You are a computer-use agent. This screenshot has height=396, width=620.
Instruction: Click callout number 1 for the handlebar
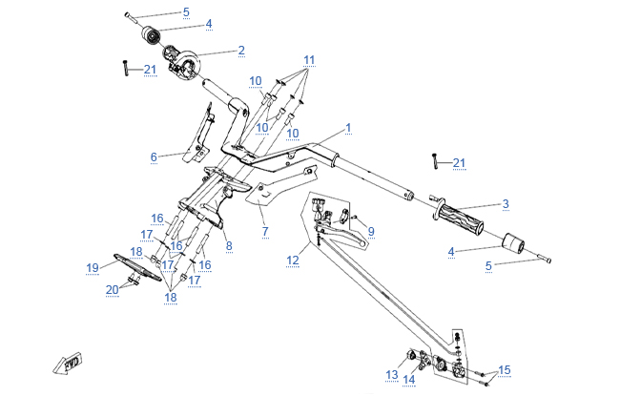(x=348, y=127)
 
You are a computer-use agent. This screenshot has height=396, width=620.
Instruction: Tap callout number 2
(x=241, y=50)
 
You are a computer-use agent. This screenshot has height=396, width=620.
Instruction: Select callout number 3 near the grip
(x=506, y=203)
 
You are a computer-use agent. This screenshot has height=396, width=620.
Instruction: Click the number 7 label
(x=265, y=232)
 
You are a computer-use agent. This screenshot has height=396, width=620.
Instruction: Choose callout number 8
(x=228, y=245)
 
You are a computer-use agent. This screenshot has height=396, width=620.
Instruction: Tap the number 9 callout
(x=371, y=230)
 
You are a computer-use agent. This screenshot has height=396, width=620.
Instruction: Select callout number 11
(x=308, y=58)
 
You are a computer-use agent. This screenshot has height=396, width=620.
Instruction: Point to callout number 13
(x=391, y=373)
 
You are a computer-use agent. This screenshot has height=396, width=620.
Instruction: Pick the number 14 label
(x=409, y=379)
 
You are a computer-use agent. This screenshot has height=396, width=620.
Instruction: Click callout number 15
(x=505, y=369)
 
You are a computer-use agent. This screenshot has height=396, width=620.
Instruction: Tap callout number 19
(x=93, y=266)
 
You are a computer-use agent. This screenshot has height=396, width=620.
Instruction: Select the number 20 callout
(x=112, y=289)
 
